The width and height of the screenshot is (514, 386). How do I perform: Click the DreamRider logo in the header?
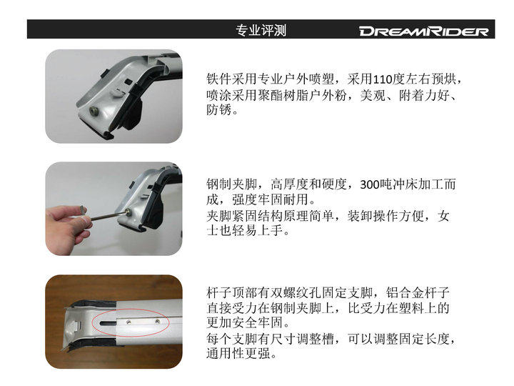[424, 31]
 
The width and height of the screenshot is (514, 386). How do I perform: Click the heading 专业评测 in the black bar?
[261, 30]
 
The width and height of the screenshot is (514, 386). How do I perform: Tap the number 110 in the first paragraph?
[383, 79]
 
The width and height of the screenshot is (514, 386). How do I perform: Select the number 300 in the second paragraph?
[370, 185]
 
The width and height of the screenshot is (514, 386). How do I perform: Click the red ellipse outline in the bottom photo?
[131, 322]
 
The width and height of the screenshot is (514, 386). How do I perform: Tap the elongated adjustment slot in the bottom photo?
[108, 323]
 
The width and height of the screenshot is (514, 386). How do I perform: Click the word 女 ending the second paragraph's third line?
[443, 216]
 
